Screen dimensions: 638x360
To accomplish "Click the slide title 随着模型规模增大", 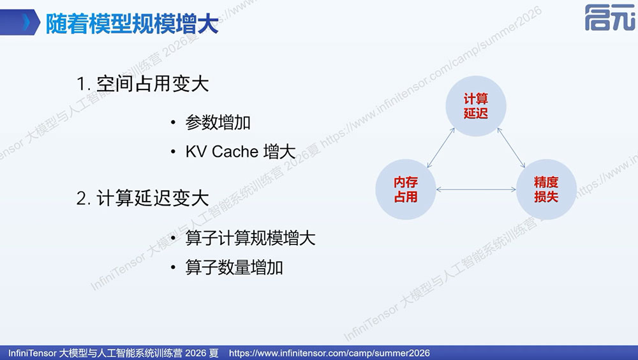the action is pyautogui.click(x=132, y=24).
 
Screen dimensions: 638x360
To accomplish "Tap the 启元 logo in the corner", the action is pyautogui.click(x=610, y=17).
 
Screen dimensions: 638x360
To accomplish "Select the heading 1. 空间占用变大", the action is pyautogui.click(x=142, y=84).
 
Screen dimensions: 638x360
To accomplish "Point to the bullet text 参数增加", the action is pyautogui.click(x=218, y=123).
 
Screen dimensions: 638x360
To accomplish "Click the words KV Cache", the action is pyautogui.click(x=222, y=151).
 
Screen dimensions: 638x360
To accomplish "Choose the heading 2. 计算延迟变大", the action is pyautogui.click(x=142, y=199).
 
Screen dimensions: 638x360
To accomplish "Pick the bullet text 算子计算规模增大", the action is pyautogui.click(x=250, y=238).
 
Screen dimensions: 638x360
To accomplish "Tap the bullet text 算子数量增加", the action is pyautogui.click(x=234, y=267).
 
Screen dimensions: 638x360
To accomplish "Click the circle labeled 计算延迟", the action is pyautogui.click(x=476, y=106).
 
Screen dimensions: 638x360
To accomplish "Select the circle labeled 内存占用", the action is pyautogui.click(x=406, y=190).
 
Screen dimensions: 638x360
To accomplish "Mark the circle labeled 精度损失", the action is pyautogui.click(x=546, y=190).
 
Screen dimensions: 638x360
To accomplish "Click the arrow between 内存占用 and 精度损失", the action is pyautogui.click(x=476, y=190).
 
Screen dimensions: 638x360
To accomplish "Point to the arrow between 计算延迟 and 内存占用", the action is pyautogui.click(x=441, y=148).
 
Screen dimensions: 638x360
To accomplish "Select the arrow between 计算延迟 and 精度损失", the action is pyautogui.click(x=511, y=148).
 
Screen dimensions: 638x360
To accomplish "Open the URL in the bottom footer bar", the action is pyautogui.click(x=329, y=353).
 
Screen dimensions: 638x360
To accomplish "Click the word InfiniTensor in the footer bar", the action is pyautogui.click(x=32, y=353).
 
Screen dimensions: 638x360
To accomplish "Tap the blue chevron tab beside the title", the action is pyautogui.click(x=20, y=22).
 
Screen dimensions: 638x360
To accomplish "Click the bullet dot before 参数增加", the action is pyautogui.click(x=174, y=123).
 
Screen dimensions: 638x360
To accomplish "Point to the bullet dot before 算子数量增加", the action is pyautogui.click(x=174, y=267).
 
